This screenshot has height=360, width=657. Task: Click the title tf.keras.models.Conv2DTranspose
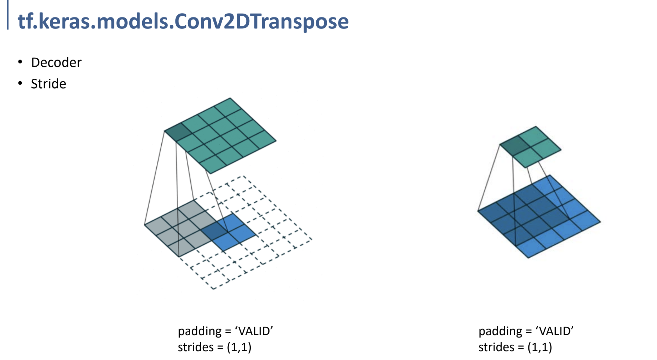183,21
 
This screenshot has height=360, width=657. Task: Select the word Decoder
56,62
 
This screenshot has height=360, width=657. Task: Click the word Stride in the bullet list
48,84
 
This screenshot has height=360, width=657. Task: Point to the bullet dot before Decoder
20,62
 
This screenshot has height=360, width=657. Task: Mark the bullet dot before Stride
20,83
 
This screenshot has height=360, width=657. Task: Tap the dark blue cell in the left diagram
214,231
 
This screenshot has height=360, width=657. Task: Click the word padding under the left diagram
200,331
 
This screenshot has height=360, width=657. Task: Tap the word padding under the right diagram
500,331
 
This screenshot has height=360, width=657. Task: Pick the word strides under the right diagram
496,347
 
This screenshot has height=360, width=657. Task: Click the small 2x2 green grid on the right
531,147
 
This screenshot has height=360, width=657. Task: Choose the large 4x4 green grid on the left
220,135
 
